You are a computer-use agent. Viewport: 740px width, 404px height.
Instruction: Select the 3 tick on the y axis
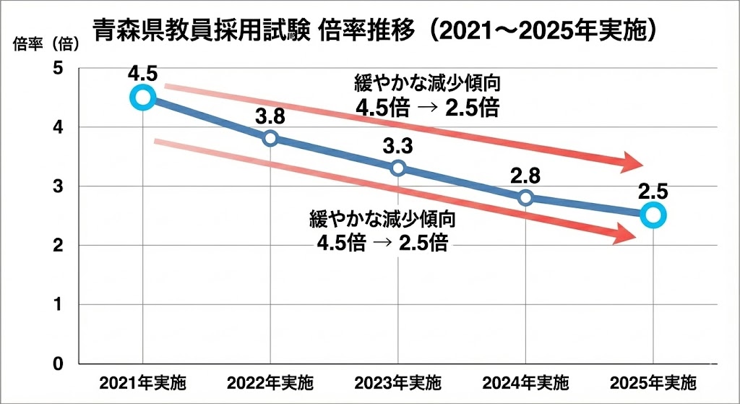click(57, 186)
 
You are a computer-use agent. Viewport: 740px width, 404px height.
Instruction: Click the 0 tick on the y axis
click(57, 364)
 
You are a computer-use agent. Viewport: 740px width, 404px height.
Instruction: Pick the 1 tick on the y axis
click(57, 304)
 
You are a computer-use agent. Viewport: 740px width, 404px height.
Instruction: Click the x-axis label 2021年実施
click(143, 382)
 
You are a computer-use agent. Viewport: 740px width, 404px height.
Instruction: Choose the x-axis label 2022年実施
click(270, 382)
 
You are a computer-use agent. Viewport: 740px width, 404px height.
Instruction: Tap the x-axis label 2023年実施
click(398, 382)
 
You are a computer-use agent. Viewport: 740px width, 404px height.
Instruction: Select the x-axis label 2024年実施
click(525, 382)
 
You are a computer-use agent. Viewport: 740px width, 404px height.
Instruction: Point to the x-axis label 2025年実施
click(653, 382)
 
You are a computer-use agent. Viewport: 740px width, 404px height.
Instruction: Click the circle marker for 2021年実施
click(143, 98)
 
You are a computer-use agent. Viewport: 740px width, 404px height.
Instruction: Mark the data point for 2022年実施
click(270, 138)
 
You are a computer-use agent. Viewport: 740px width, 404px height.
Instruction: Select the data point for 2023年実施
click(398, 168)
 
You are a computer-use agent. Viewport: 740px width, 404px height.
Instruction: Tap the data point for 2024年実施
click(525, 198)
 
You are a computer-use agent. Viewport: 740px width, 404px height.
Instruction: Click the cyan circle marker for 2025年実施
click(653, 215)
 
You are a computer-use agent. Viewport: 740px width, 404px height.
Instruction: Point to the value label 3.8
click(270, 116)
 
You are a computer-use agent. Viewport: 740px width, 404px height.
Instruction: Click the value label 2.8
click(525, 175)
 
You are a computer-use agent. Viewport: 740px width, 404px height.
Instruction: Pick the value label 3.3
click(398, 146)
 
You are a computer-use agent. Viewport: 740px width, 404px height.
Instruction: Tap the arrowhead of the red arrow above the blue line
click(632, 163)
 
